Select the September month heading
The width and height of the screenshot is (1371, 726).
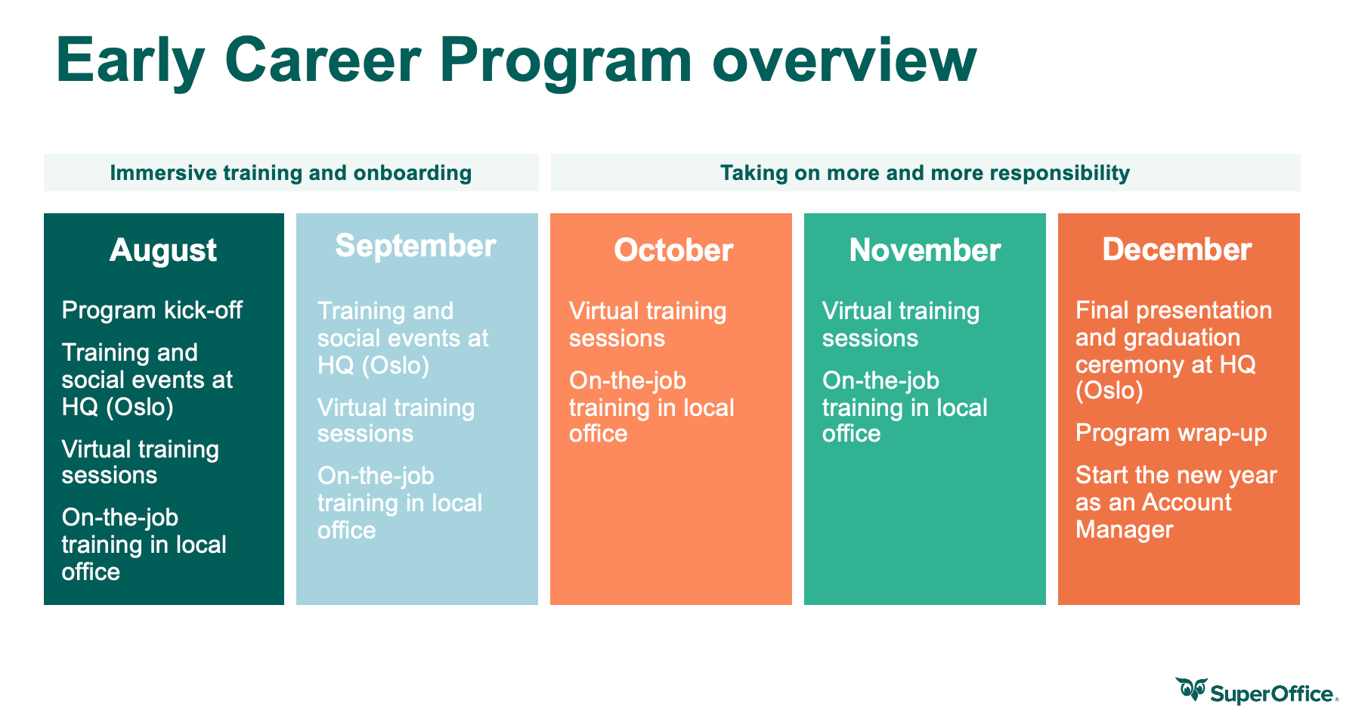(x=416, y=247)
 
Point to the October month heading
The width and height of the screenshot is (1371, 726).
(x=673, y=250)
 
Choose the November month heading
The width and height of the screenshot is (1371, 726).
(x=925, y=250)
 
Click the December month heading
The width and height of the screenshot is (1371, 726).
(x=1178, y=250)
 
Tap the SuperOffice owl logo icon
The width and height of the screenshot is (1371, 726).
(x=1191, y=690)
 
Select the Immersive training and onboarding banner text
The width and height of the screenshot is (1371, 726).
(x=291, y=173)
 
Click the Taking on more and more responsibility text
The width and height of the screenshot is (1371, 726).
(x=925, y=173)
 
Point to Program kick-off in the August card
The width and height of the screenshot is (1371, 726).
(x=152, y=310)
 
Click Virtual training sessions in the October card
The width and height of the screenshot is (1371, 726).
(x=648, y=324)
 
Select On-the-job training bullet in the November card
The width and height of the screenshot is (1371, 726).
(x=905, y=407)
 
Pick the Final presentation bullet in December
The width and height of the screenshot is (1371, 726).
(x=1174, y=350)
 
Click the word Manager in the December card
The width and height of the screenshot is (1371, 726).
(x=1125, y=530)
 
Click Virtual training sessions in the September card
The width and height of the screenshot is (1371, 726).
(x=396, y=420)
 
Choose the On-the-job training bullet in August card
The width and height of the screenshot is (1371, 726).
(x=144, y=544)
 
